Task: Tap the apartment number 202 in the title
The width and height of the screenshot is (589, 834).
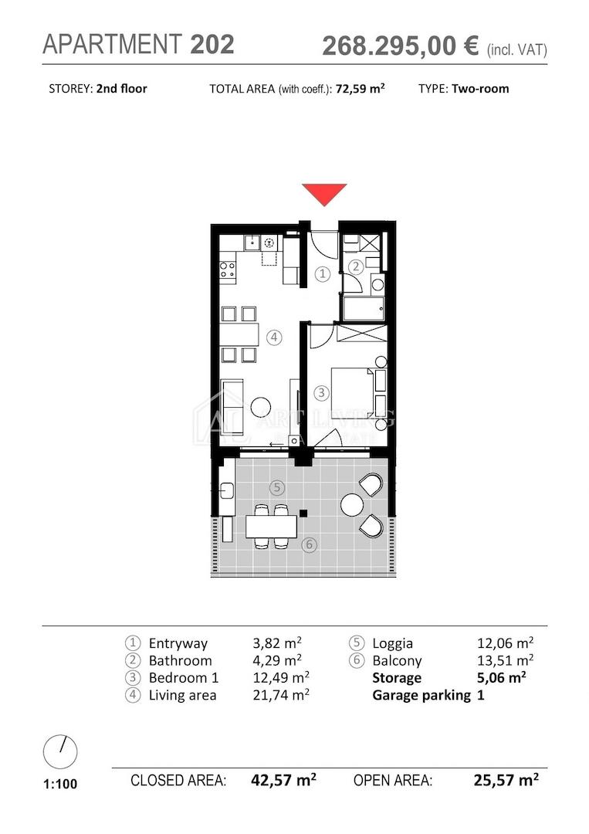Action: [x=212, y=44]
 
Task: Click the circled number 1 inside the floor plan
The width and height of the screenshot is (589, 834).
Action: [x=322, y=274]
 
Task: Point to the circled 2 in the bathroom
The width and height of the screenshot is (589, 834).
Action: [x=356, y=266]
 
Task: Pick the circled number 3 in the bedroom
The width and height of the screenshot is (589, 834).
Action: [x=321, y=393]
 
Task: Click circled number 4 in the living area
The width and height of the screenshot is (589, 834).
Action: [x=274, y=337]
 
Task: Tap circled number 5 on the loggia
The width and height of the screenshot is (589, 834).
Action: [x=276, y=487]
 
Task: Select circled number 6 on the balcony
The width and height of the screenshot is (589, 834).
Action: [x=309, y=544]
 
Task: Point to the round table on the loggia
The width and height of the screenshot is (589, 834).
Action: [x=352, y=504]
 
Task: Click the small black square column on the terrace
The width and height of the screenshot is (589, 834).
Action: [x=303, y=514]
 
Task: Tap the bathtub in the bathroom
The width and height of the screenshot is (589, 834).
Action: [x=364, y=309]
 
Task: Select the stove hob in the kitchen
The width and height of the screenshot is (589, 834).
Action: [x=228, y=270]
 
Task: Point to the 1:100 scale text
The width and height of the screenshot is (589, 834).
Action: [x=60, y=784]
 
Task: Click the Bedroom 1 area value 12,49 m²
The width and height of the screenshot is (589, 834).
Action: [x=281, y=678]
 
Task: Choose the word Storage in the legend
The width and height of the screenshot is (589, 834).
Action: [x=397, y=678]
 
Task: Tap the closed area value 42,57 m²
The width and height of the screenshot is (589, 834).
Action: [x=283, y=780]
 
